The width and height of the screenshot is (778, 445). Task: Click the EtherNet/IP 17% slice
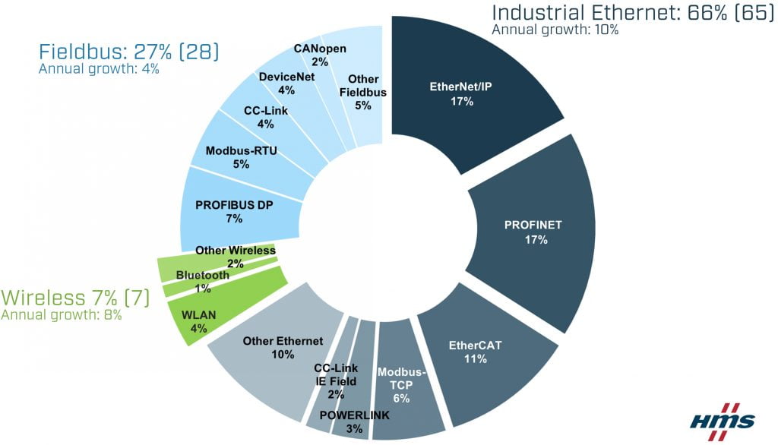coord(461,93)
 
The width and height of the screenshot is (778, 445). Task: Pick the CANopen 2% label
coord(320,55)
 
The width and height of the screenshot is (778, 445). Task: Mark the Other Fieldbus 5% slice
coord(363,92)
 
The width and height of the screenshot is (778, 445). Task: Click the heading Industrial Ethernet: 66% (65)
coord(633,13)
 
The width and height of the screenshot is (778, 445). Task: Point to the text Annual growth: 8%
coord(62,314)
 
